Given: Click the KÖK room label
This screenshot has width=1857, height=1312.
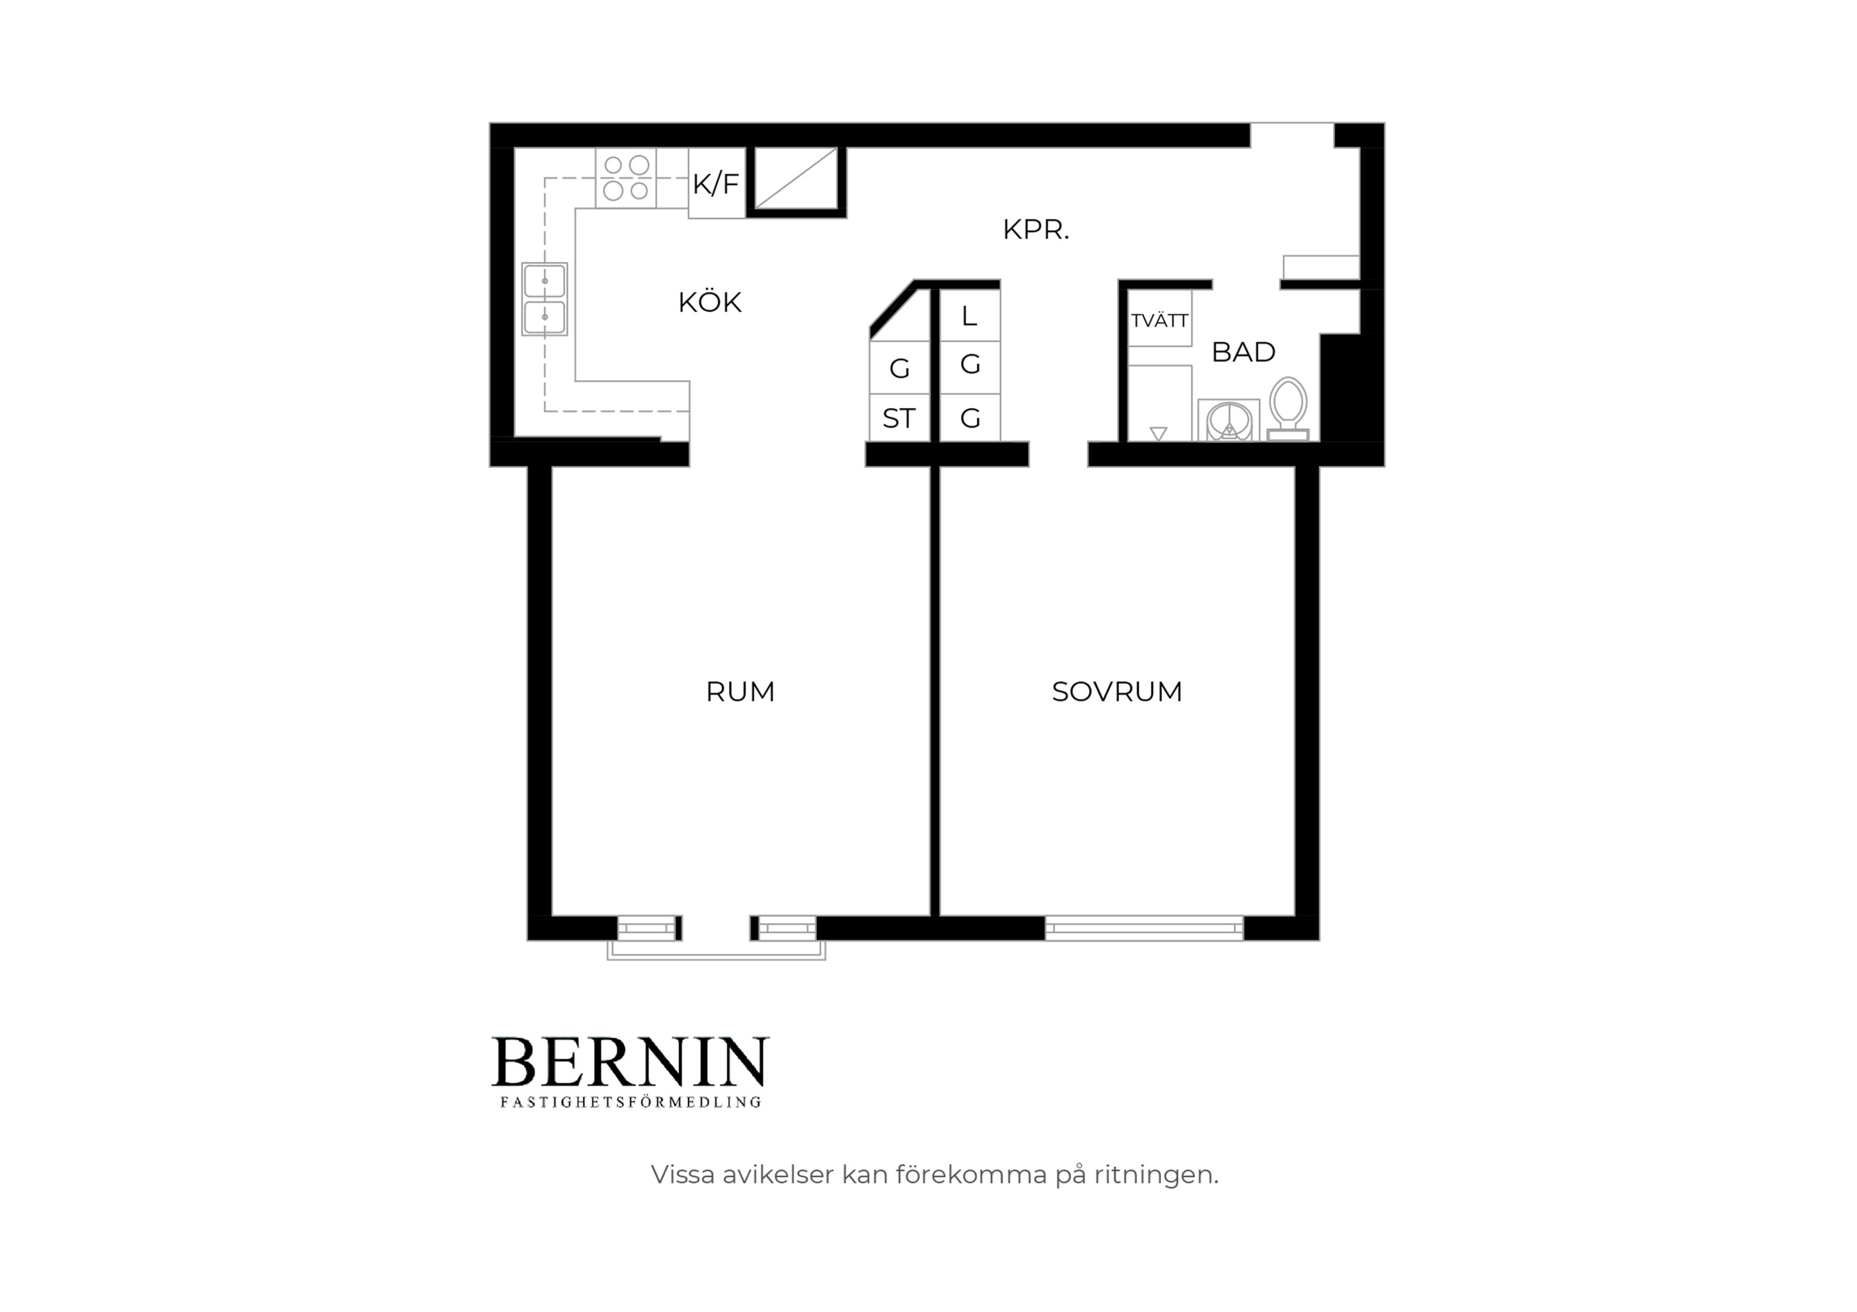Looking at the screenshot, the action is point(710,302).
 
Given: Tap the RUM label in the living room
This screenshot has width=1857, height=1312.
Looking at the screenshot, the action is point(740,692).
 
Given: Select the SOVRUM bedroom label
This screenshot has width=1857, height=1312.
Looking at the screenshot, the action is point(1117,692).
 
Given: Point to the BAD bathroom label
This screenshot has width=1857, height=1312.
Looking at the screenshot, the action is point(1243,352).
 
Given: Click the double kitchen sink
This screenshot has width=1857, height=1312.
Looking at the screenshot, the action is point(544,299).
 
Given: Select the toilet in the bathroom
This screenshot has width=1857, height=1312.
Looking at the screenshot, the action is point(1288,409).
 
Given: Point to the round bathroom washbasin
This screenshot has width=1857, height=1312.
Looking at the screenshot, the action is point(1228,420).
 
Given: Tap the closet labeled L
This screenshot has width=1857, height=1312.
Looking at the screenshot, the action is point(970,315).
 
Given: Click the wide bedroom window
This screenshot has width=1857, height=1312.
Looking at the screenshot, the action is point(1144,928).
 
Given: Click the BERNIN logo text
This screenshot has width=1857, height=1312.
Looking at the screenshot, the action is point(630,1062).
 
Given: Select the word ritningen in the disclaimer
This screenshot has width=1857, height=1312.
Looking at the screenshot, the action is point(1157,1175).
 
